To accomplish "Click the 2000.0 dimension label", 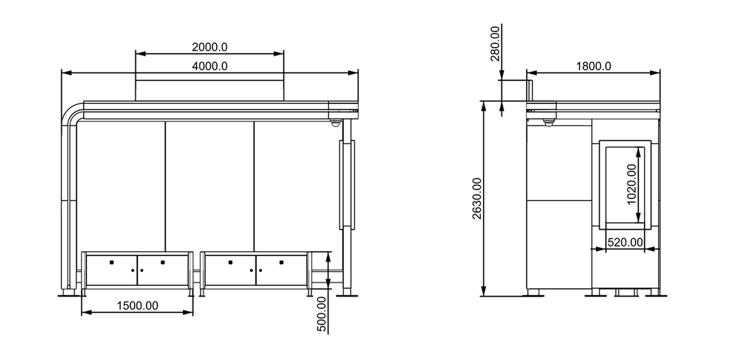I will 209,47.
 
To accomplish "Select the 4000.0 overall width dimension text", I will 209,66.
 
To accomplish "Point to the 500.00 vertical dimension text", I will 322,314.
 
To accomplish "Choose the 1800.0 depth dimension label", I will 593,66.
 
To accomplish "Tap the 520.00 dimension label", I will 625,242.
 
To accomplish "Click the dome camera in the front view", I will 336,123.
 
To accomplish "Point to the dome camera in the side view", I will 547,123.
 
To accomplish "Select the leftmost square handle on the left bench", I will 112,262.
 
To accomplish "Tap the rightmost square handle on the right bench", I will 282,262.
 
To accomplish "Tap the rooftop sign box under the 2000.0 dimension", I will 209,90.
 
